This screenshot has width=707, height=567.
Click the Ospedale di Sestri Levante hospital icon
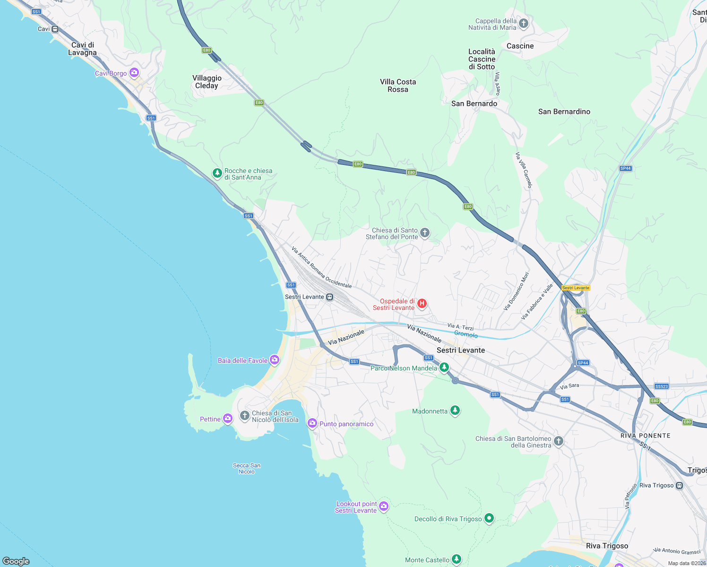[422, 303]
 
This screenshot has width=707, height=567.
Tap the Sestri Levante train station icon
[330, 297]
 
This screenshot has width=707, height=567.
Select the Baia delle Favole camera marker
[274, 360]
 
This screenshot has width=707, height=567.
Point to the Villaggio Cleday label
[207, 82]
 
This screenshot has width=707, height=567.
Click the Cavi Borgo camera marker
[134, 72]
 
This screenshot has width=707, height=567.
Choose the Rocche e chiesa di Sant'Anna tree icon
[217, 173]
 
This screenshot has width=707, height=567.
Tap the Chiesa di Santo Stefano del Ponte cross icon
[425, 232]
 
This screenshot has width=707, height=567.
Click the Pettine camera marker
[228, 418]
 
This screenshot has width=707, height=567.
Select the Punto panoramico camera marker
[312, 423]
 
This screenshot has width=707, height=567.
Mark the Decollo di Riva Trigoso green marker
[489, 518]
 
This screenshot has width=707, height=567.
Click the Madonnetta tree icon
[455, 411]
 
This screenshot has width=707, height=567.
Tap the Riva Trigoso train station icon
[679, 485]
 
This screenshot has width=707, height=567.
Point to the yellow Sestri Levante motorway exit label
[576, 288]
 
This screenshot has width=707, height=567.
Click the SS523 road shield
[662, 386]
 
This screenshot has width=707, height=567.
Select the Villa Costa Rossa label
[398, 86]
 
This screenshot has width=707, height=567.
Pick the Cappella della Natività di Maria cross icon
[523, 23]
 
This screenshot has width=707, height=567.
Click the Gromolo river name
[466, 335]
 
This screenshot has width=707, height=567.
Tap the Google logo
[16, 561]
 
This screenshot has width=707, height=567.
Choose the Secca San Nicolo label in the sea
[247, 468]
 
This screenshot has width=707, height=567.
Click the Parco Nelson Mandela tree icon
[444, 367]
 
